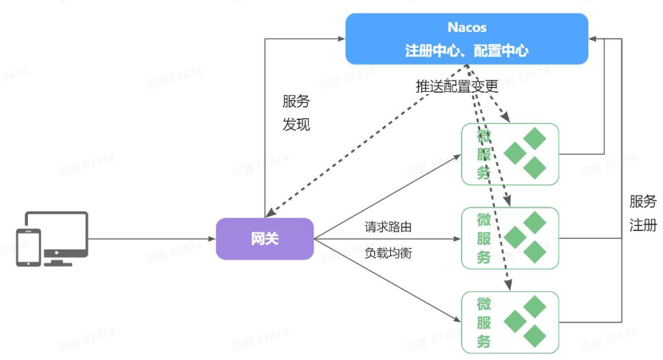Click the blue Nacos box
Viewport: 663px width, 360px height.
pyautogui.click(x=467, y=38)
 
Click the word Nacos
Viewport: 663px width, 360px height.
pyautogui.click(x=467, y=28)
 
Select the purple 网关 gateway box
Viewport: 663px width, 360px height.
pyautogui.click(x=265, y=239)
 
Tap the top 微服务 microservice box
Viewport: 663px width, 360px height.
pyautogui.click(x=511, y=152)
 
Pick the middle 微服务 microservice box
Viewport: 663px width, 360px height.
pyautogui.click(x=511, y=237)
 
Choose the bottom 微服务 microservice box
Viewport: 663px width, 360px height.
pyautogui.click(x=511, y=322)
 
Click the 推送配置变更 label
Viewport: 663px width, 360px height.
pyautogui.click(x=456, y=85)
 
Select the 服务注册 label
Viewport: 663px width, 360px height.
pyautogui.click(x=643, y=212)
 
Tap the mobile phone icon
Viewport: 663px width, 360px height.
pyautogui.click(x=29, y=247)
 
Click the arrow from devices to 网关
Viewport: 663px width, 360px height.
pyautogui.click(x=152, y=239)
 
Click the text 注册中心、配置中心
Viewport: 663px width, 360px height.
pyautogui.click(x=467, y=50)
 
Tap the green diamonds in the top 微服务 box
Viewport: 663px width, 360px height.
pyautogui.click(x=527, y=152)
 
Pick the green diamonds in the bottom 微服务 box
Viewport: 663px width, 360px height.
pyautogui.click(x=527, y=322)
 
